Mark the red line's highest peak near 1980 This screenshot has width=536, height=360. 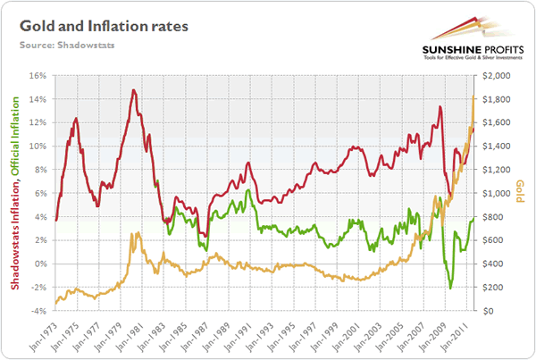click(x=133, y=90)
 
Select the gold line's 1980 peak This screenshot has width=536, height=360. click(x=133, y=233)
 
